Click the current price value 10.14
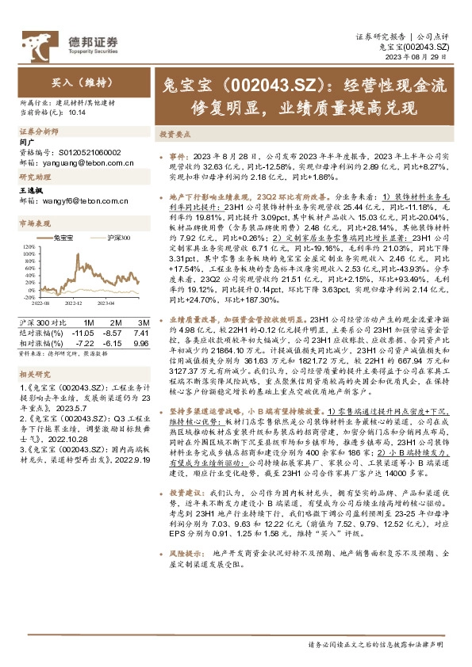(x=77, y=112)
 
